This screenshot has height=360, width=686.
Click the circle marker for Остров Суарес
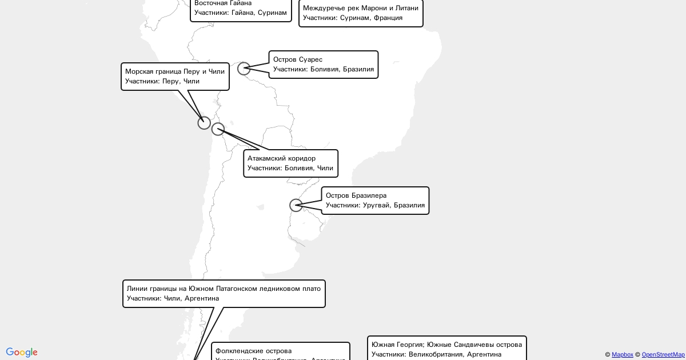(244, 69)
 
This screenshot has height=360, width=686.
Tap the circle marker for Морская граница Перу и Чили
(204, 123)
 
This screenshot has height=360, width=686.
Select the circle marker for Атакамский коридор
(218, 129)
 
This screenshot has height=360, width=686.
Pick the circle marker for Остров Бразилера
(296, 205)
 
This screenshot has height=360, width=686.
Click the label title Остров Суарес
(298, 59)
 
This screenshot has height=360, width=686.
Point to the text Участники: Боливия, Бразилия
(324, 69)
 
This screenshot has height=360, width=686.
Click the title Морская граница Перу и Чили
(175, 71)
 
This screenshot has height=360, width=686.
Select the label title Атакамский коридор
(281, 158)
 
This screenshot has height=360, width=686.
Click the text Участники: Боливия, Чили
(290, 168)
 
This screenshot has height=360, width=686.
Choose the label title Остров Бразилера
(356, 195)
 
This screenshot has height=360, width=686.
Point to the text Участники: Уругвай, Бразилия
(375, 205)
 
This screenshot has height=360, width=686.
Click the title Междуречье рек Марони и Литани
(361, 8)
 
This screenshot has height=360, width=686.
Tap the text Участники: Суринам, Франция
(353, 18)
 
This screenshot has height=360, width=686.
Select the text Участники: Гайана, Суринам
(241, 13)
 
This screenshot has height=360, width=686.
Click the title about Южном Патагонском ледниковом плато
(224, 289)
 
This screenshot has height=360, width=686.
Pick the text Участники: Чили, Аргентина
(173, 298)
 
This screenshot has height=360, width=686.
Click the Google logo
(22, 353)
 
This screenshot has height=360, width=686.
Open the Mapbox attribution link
(623, 355)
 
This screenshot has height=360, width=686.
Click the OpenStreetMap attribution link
(663, 355)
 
